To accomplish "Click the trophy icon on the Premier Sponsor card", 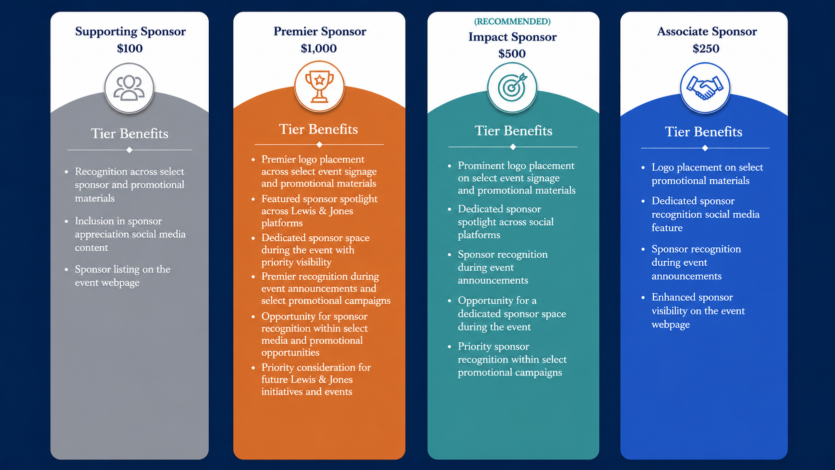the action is (x=319, y=86).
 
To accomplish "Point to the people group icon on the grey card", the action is (x=129, y=88).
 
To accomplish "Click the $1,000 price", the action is (x=319, y=48).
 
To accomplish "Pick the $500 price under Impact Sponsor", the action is (x=512, y=53).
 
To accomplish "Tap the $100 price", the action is (x=130, y=48).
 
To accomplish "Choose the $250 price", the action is (x=706, y=48).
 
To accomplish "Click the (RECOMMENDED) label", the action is (x=512, y=21).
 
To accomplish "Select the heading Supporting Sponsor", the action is (x=130, y=31).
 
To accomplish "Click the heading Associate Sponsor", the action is (x=707, y=31).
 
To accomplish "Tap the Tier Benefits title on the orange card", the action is (x=318, y=129).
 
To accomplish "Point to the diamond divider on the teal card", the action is (x=513, y=147).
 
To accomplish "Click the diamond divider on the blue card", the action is (x=705, y=148).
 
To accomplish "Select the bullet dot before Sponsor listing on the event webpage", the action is (x=66, y=270).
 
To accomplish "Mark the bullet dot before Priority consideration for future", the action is (x=254, y=368).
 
